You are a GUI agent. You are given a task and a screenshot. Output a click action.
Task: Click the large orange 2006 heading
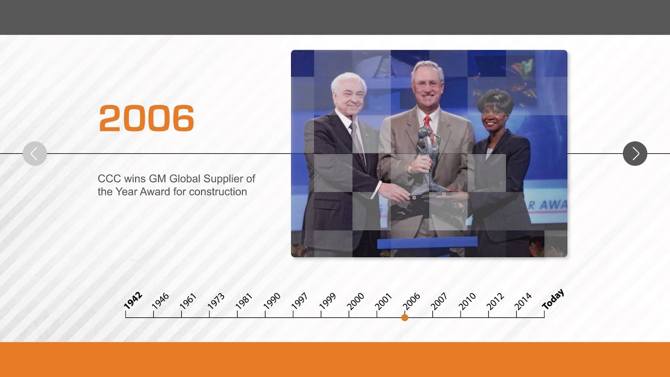[146, 118]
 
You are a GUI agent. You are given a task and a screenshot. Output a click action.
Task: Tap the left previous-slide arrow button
[35, 153]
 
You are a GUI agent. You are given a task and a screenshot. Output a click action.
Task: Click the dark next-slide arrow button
[635, 153]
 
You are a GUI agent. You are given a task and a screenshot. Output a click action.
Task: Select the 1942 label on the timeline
[132, 301]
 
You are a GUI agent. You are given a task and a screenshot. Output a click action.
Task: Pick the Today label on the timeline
[553, 300]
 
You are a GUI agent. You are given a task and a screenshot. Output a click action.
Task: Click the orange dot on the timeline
[405, 318]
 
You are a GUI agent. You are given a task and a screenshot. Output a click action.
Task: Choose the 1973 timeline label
[216, 301]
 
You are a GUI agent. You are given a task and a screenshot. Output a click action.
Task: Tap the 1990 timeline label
[272, 301]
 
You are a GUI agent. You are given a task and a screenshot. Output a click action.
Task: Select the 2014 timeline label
[523, 301]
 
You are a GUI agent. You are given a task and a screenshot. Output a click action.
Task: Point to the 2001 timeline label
[383, 301]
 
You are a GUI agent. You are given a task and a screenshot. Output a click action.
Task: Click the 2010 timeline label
[467, 301]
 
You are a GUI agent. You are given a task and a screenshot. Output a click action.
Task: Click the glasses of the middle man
[427, 84]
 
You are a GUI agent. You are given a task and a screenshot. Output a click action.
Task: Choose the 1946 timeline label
[160, 301]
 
